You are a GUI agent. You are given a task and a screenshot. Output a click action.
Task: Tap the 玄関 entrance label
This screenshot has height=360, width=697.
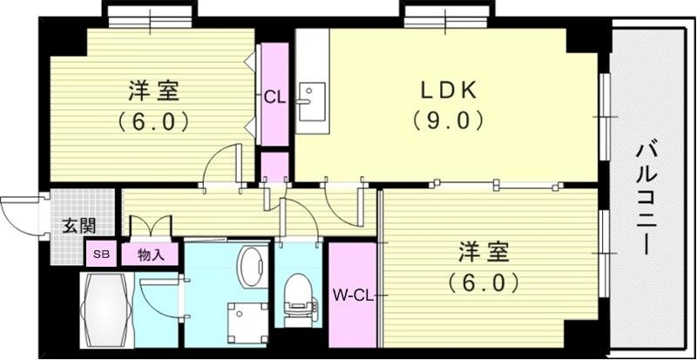coord(78,226)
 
